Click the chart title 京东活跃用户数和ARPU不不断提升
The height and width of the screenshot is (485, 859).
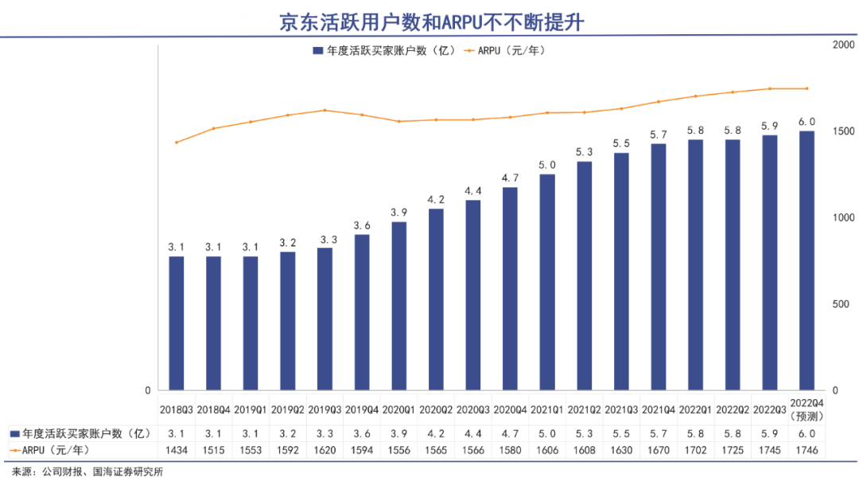(430, 22)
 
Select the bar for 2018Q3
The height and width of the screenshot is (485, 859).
(176, 323)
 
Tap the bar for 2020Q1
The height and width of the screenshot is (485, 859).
(398, 306)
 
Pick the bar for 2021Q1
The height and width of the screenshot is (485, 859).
(547, 282)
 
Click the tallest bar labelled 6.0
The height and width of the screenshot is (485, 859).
(807, 260)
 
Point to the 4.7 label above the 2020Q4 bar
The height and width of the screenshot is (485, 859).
(510, 178)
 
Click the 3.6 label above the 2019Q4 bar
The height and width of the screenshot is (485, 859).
(362, 225)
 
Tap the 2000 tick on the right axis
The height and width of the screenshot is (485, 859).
(843, 45)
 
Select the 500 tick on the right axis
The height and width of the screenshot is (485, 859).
(840, 304)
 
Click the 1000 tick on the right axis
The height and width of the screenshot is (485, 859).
(843, 218)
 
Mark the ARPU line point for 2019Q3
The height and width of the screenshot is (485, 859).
(325, 111)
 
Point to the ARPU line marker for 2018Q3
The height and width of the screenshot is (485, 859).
(176, 143)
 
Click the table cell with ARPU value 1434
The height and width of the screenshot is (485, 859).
(176, 451)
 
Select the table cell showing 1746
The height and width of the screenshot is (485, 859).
(807, 451)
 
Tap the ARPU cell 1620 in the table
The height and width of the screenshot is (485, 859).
(325, 451)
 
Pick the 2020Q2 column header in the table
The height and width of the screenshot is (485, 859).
(436, 410)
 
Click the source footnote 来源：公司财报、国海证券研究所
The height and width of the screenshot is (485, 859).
(87, 472)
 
